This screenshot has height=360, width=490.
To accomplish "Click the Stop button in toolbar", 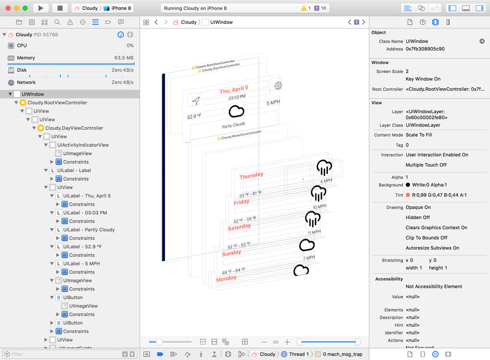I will (x=60, y=8).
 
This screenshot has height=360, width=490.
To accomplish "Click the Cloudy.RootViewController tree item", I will (x=57, y=103).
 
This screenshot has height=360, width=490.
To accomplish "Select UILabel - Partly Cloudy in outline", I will (x=89, y=230).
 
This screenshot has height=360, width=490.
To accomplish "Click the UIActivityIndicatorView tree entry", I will (x=83, y=145).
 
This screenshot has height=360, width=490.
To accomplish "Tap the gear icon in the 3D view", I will (x=278, y=86).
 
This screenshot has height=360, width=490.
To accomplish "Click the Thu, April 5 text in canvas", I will (x=234, y=90).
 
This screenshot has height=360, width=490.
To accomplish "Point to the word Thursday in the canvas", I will (x=251, y=175).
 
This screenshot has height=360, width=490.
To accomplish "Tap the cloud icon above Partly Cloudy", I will (x=236, y=111).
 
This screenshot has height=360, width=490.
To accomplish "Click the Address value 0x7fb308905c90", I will (x=425, y=49).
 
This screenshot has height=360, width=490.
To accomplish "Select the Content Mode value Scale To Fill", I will (x=419, y=135).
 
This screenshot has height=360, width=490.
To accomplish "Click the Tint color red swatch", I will (x=408, y=195).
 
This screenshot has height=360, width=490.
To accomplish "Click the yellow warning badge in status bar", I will (x=306, y=8).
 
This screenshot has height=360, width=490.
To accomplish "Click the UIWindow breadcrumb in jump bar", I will (x=221, y=22).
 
